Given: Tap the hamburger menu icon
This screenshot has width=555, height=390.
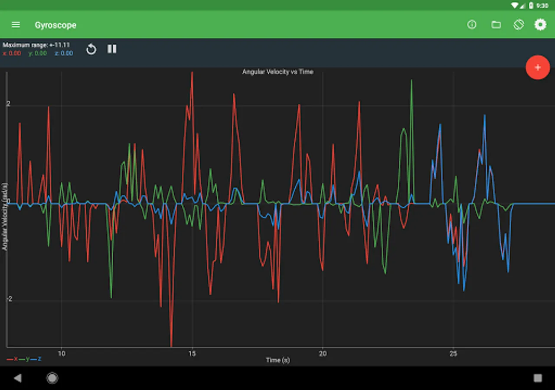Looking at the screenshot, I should tap(16, 25).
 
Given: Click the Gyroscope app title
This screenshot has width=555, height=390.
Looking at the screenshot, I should tap(55, 25).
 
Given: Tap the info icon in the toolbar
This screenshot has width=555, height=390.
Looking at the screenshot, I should tap(472, 25).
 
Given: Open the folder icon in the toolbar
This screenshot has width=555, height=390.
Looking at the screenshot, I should tap(496, 25).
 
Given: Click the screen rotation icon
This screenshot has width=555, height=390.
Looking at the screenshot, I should tap(519, 25).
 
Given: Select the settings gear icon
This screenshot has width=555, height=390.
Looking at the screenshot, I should tap(540, 25).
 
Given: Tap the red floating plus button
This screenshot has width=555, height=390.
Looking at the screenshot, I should tap(538, 68).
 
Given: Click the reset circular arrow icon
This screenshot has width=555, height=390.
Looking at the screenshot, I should tap(91, 49).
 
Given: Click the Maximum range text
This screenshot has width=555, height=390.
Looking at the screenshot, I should tap(36, 45).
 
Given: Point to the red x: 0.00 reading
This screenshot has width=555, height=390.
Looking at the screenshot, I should tap(12, 53).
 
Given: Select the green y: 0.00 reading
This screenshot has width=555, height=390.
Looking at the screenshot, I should tap(38, 53).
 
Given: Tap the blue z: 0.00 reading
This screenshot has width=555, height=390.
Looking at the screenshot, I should tap(64, 53).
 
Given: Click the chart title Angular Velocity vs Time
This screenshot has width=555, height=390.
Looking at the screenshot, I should tap(277, 72).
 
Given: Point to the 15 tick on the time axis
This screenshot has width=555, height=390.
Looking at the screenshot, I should tap(192, 354).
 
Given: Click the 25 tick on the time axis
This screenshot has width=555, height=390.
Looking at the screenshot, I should tap(453, 354).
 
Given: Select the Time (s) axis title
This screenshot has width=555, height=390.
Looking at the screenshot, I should tap(277, 360).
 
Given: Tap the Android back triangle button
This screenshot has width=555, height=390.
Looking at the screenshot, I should tap(17, 378).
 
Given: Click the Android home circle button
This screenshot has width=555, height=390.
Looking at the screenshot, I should tap(52, 378).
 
